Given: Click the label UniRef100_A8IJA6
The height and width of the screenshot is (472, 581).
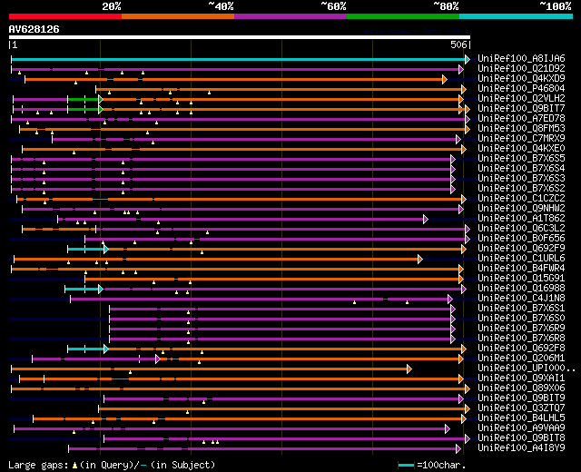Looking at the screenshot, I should click(x=521, y=58).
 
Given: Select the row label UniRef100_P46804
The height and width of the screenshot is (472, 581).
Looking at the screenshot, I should click(x=521, y=88).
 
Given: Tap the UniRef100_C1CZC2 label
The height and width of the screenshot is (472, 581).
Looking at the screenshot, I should click(x=521, y=198).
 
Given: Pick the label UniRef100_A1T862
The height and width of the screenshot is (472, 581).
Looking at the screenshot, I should click(x=521, y=218).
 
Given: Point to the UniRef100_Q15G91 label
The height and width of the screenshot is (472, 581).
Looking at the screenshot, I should click(x=521, y=278).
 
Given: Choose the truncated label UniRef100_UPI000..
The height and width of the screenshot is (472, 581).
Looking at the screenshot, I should click(x=525, y=368).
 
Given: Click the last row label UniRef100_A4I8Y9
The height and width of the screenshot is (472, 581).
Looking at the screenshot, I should click(x=521, y=447).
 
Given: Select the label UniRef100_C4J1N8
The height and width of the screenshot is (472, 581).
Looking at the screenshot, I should click(x=521, y=298).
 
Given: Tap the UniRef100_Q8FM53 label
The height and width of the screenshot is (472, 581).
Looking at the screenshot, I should click(x=521, y=128).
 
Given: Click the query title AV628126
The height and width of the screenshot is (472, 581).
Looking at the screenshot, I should click(x=34, y=29).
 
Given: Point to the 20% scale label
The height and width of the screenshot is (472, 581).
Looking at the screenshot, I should click(x=112, y=5).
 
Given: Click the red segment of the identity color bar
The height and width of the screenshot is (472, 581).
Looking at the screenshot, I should click(x=64, y=15).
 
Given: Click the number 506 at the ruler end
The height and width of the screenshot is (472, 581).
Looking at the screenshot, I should click(x=458, y=44).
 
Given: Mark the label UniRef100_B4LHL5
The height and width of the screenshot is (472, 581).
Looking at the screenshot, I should click(x=521, y=418).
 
